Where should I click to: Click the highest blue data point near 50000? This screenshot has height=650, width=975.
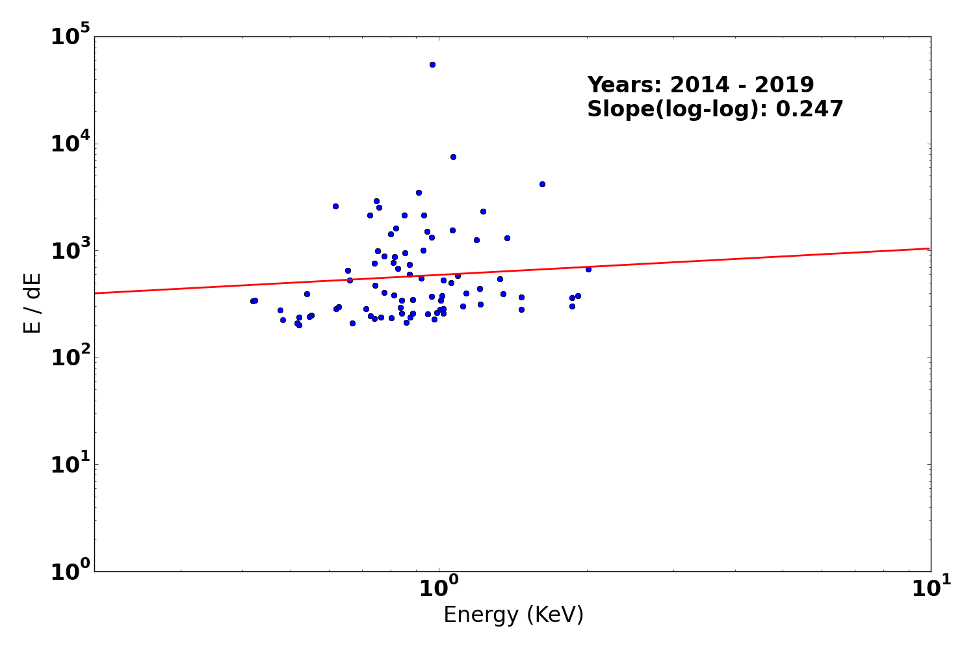432,64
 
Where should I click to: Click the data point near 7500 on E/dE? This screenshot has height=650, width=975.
453,157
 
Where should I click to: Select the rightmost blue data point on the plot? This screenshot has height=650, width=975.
588,269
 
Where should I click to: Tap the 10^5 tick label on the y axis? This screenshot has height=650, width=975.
71,36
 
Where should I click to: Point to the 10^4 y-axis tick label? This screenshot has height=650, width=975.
71,144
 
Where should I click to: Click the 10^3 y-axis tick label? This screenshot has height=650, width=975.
71,250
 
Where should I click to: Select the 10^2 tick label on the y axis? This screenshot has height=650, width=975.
71,357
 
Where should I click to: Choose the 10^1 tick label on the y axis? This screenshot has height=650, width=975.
71,464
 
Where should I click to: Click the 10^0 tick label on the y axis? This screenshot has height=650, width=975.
71,571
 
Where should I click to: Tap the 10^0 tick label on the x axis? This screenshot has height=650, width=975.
438,589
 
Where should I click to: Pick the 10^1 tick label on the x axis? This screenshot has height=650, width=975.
930,589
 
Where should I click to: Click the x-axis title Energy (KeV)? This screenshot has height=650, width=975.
513,615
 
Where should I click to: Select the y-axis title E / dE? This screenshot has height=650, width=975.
32,303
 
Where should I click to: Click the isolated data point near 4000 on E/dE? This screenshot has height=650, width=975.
542,184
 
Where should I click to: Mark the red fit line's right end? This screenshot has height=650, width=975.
929,248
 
